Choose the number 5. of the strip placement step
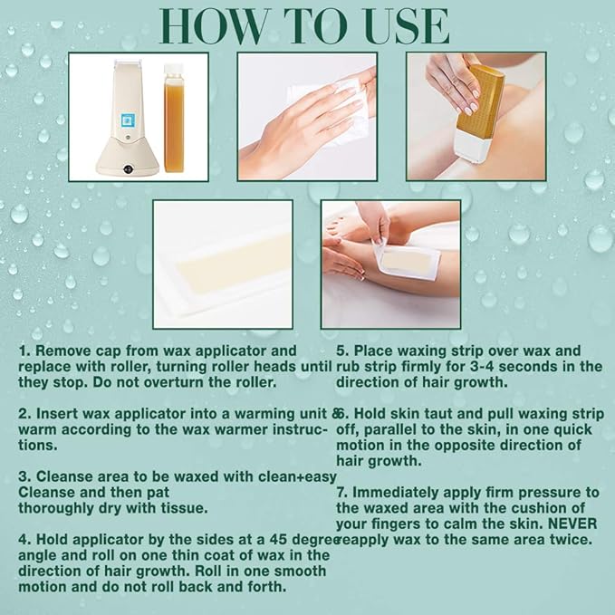click(x=342, y=351)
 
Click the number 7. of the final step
click(x=342, y=492)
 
